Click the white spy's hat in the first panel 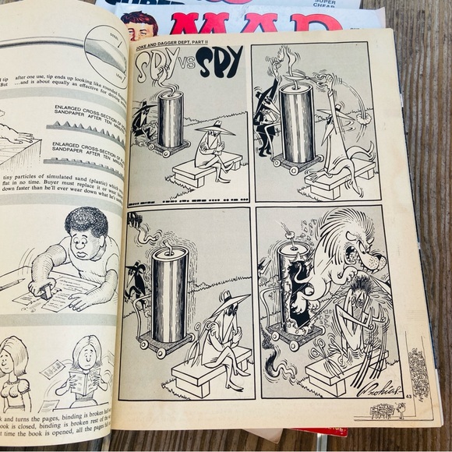point(214,125)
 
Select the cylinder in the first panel point(170,116)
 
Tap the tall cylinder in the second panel point(297,121)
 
